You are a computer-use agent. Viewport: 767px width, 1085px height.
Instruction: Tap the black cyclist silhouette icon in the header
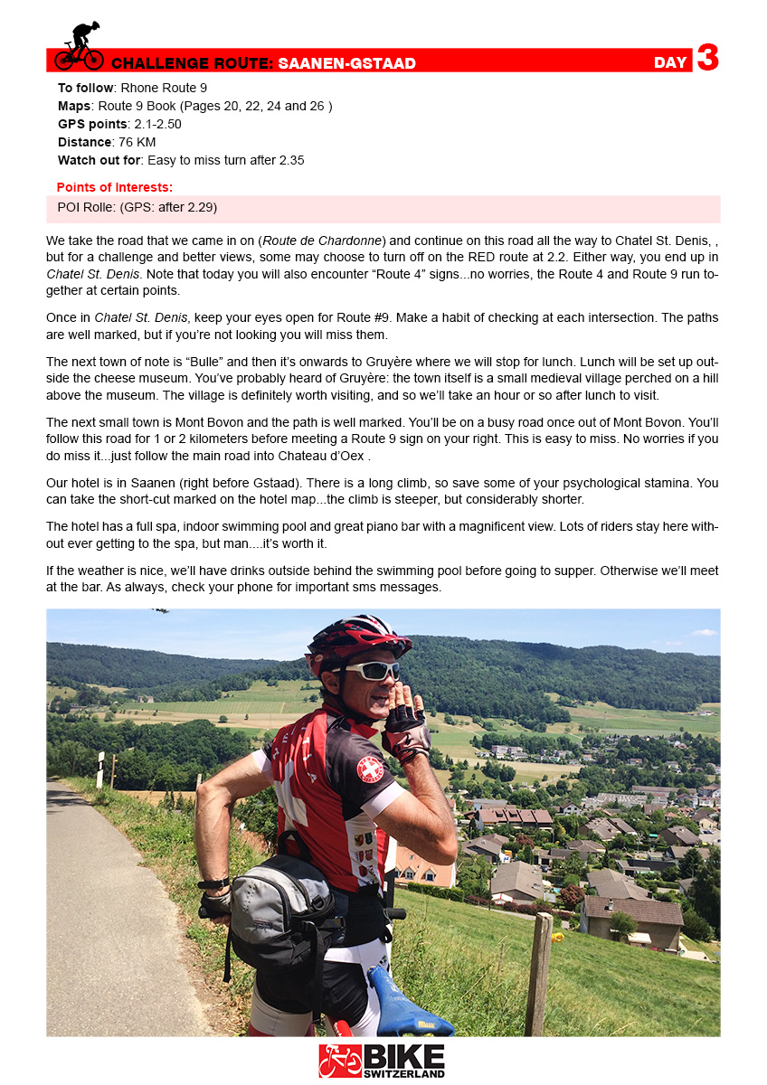[x=79, y=46]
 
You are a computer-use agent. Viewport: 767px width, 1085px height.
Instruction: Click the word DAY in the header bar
[x=670, y=62]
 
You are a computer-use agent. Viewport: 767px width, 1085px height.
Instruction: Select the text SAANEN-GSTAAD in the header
[x=347, y=63]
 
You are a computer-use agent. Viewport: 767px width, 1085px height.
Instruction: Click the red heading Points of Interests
[x=114, y=187]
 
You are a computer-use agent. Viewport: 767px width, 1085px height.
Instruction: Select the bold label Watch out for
[x=98, y=160]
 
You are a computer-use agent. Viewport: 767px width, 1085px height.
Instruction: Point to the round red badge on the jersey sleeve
[x=369, y=769]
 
